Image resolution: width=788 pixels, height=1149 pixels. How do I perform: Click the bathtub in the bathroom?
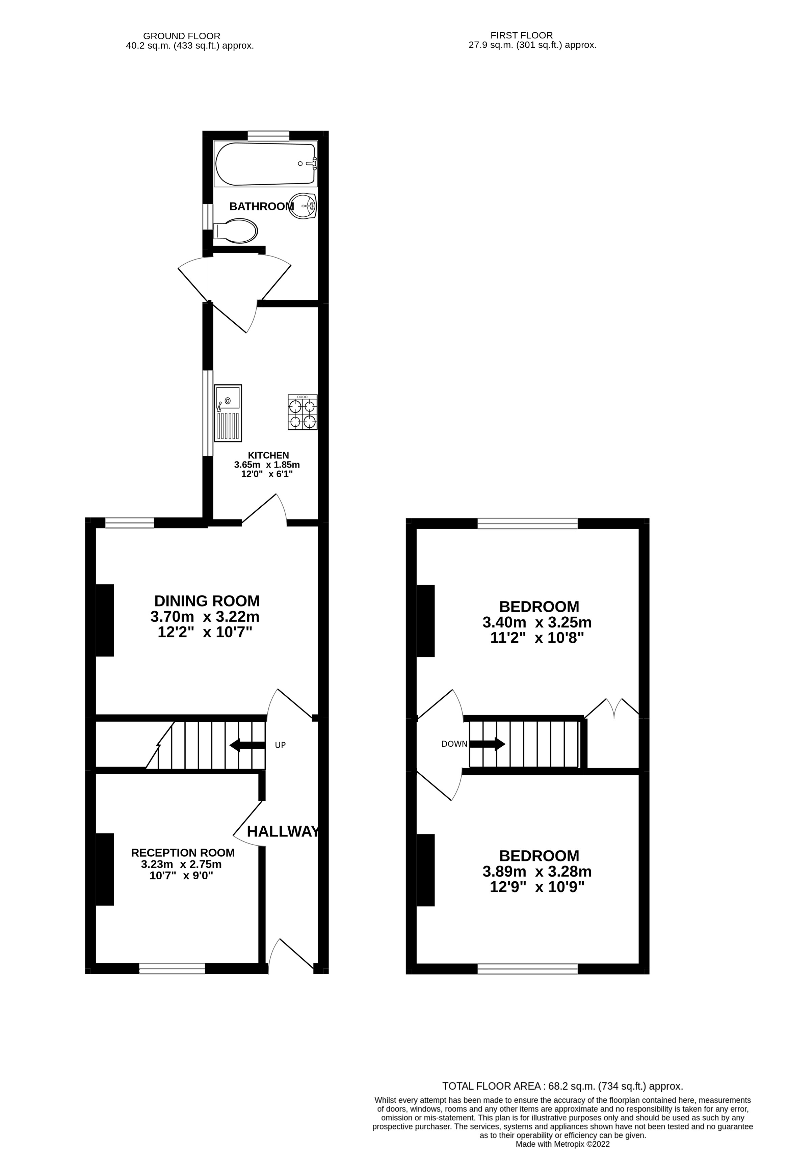(x=265, y=164)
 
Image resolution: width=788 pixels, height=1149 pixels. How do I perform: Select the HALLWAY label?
(x=283, y=832)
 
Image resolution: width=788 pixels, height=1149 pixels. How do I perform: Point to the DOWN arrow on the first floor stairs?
(x=487, y=744)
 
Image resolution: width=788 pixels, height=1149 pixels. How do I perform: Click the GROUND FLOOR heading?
(x=182, y=36)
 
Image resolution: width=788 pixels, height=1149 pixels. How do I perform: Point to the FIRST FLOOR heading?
(x=521, y=35)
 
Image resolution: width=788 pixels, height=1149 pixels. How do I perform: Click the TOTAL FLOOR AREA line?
(x=562, y=1086)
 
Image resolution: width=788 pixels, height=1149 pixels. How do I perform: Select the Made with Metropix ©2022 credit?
(x=562, y=1144)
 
